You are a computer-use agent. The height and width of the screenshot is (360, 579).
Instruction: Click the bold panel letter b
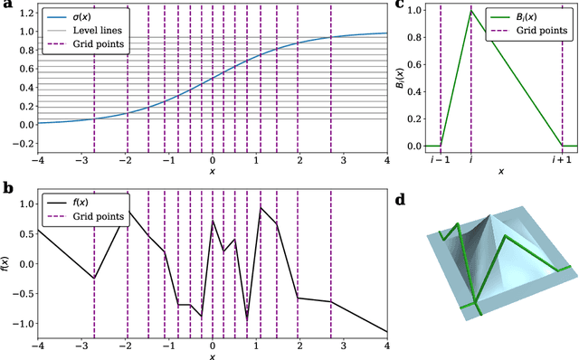(x=6, y=187)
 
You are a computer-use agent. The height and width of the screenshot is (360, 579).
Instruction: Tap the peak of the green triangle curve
(x=470, y=11)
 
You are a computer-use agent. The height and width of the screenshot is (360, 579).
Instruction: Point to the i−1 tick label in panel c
(x=441, y=159)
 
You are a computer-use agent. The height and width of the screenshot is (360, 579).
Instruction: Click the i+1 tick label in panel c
(x=561, y=159)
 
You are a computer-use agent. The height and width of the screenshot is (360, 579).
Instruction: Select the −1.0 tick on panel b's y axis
(x=22, y=323)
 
